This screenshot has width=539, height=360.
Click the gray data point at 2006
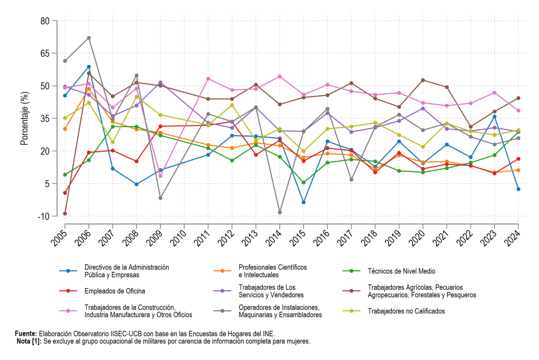pyautogui.click(x=89, y=38)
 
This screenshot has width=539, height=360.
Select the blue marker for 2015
pyautogui.click(x=304, y=202)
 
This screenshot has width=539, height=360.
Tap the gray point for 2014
pyautogui.click(x=279, y=213)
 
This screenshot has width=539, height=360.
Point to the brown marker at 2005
pyautogui.click(x=65, y=213)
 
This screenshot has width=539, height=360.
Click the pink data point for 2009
pyautogui.click(x=160, y=176)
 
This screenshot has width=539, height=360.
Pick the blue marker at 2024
pyautogui.click(x=518, y=189)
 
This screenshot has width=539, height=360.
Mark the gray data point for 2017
pyautogui.click(x=351, y=180)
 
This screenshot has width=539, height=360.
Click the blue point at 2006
pyautogui.click(x=89, y=67)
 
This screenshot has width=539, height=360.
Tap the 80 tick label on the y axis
pyautogui.click(x=45, y=21)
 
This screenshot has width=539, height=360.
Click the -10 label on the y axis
pyautogui.click(x=44, y=217)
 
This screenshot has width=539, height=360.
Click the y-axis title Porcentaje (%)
pyautogui.click(x=24, y=119)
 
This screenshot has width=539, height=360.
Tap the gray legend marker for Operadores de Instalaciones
pyautogui.click(x=222, y=311)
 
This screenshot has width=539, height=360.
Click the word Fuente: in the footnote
pyautogui.click(x=26, y=334)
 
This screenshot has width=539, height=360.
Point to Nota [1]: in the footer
pyautogui.click(x=29, y=341)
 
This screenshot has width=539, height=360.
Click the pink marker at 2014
pyautogui.click(x=279, y=76)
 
